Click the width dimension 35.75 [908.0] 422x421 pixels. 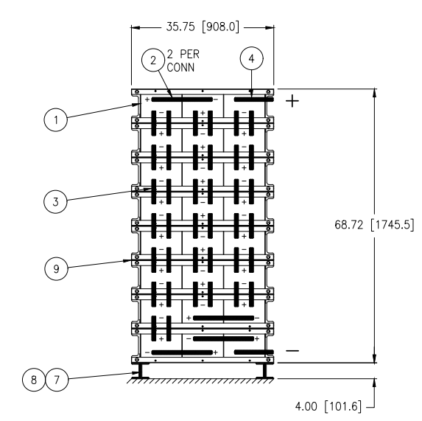pyautogui.click(x=203, y=27)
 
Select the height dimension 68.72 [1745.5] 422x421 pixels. pyautogui.click(x=374, y=225)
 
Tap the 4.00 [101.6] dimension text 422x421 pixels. pyautogui.click(x=328, y=406)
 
